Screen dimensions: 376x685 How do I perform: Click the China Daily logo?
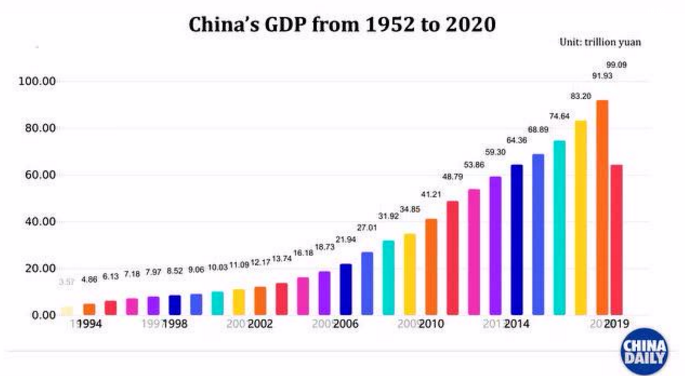coord(644,351)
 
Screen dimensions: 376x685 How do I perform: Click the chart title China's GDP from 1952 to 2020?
coord(342,24)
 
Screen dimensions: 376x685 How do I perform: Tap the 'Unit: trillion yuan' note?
coord(600,42)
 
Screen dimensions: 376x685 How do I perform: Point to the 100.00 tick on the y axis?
coord(37,81)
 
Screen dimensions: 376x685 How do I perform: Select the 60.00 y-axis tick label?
coord(40,175)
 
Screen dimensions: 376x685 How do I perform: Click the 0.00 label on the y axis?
coord(44,315)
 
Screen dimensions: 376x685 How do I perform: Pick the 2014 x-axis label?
coord(516,324)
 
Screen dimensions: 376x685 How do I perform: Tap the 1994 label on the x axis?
coord(89,324)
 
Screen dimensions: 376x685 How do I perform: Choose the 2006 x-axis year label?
coord(345,324)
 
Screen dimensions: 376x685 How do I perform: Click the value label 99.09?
coord(616,65)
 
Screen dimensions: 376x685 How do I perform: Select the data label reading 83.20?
coord(581,96)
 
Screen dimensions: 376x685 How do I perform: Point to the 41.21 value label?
coord(431,194)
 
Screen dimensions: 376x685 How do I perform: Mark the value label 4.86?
coord(89,280)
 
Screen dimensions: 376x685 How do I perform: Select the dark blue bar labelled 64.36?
coord(516,240)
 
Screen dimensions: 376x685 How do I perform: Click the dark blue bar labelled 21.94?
coord(345,289)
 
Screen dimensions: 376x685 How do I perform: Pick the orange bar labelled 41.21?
coord(431,267)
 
